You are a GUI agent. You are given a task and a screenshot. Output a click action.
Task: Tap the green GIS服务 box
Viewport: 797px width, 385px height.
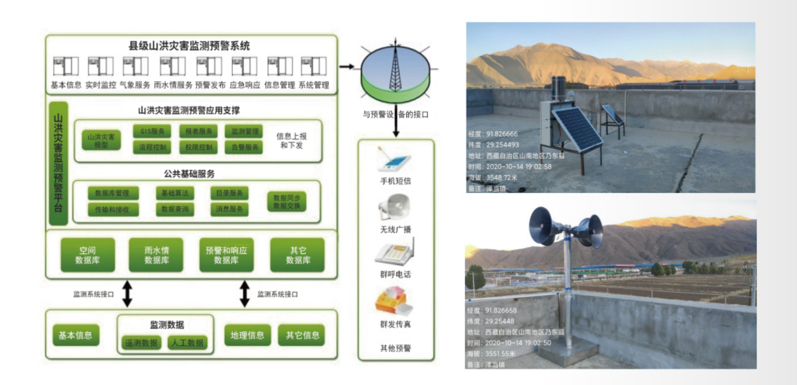(x=152, y=131)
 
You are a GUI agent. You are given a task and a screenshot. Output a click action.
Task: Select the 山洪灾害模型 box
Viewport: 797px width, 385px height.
(x=101, y=140)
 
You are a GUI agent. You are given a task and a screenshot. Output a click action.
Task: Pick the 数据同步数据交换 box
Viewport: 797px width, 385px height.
(x=287, y=201)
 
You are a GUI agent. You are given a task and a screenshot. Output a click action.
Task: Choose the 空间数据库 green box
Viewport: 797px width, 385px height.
(x=88, y=255)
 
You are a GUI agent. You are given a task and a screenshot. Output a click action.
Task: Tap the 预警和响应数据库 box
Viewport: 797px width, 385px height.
(x=226, y=255)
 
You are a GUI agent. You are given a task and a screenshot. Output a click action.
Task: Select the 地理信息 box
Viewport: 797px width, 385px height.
(x=247, y=335)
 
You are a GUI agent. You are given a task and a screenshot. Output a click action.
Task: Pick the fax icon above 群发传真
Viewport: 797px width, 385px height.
(x=394, y=301)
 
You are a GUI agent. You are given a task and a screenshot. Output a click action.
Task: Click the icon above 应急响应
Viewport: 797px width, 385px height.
(x=245, y=66)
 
